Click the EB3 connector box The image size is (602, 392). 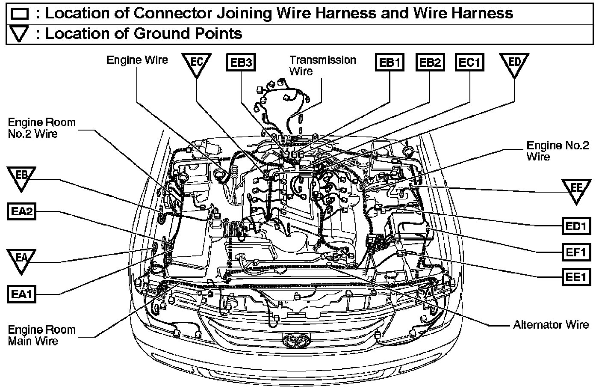click(241, 62)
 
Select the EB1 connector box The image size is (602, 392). click(390, 62)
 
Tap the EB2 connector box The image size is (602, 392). click(430, 62)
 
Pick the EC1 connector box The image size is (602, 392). click(470, 62)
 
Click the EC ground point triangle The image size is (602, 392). click(196, 64)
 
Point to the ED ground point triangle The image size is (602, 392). click(514, 64)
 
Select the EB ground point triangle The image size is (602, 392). click(21, 177)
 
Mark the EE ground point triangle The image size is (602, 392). click(577, 190)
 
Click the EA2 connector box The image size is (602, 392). click(21, 212)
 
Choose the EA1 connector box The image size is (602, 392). click(21, 294)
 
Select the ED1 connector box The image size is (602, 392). click(576, 226)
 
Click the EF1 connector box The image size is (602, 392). click(576, 252)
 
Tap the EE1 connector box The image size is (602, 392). click(576, 277)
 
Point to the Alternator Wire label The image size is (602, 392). click(551, 325)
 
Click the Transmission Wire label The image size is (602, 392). click(323, 65)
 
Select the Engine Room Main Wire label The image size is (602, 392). click(41, 336)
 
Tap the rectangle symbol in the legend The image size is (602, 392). click(20, 14)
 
